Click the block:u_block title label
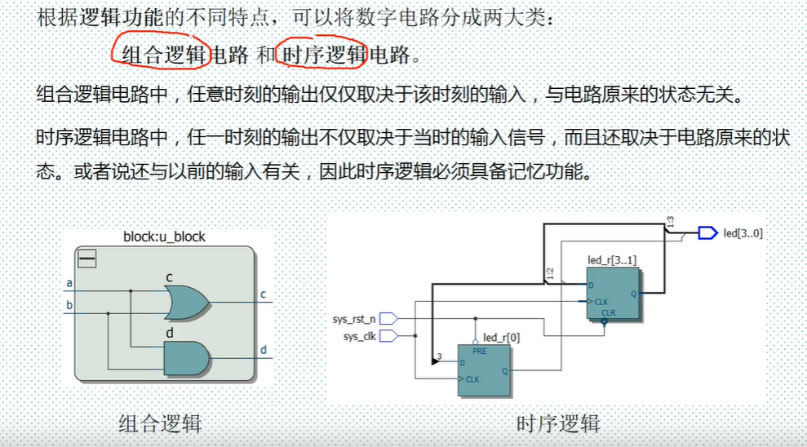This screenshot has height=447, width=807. [164, 237]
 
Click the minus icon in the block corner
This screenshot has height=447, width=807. [86, 259]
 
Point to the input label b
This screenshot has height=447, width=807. [69, 306]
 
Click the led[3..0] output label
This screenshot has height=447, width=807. [743, 233]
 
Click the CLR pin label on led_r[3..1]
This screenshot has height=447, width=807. [608, 312]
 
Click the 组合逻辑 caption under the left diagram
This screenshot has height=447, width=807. [160, 423]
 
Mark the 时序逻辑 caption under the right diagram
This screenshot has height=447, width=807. [558, 423]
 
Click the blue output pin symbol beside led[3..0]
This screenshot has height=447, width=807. [707, 233]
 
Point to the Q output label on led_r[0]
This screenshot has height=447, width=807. [504, 370]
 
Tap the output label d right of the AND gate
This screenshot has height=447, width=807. [264, 350]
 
